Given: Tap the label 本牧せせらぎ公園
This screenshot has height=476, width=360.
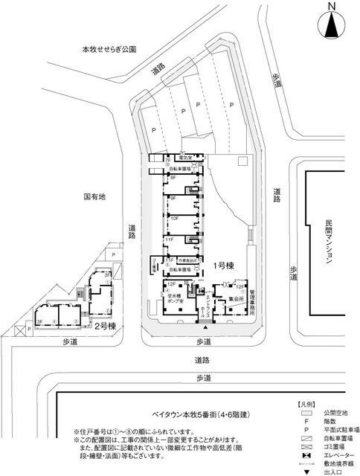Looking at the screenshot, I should coord(109,51).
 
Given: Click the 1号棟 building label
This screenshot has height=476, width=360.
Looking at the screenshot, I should coord(225,266).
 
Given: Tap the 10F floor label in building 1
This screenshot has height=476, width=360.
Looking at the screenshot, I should coord(174,219).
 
